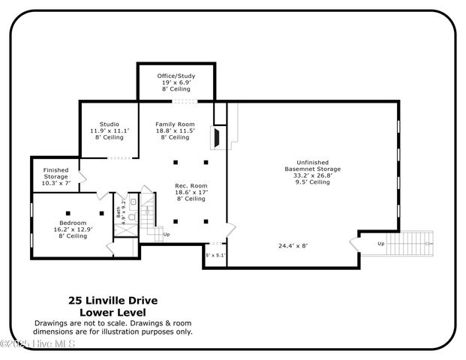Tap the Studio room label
(109, 130)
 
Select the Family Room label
(175, 130)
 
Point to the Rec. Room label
(191, 192)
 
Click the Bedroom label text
(74, 229)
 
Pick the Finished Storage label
(56, 176)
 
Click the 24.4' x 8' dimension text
(293, 245)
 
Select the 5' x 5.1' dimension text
(215, 255)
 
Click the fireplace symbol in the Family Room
(215, 138)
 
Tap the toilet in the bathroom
(131, 217)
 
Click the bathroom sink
(132, 201)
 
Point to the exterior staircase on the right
(416, 242)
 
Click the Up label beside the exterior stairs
(380, 244)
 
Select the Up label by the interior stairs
(166, 234)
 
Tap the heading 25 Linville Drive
(113, 300)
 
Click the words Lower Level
(113, 311)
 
